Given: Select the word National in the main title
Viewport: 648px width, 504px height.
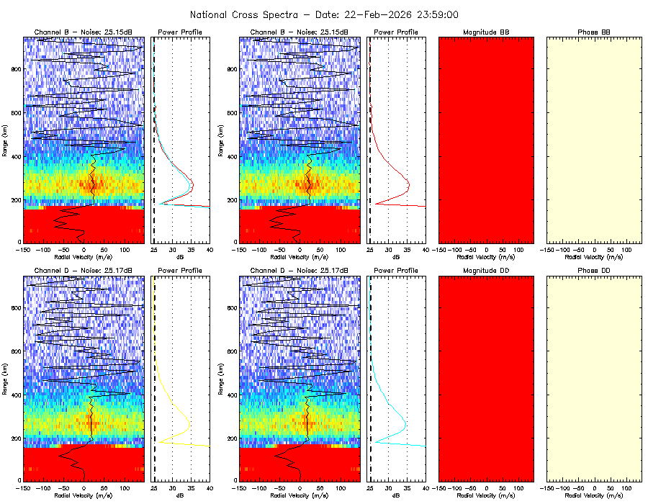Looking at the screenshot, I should tap(210, 14).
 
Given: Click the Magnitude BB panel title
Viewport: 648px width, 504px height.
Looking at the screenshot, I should tap(486, 32).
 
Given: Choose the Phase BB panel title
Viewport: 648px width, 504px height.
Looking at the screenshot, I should tap(594, 32).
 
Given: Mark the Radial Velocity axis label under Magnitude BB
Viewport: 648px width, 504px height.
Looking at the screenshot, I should tap(486, 256).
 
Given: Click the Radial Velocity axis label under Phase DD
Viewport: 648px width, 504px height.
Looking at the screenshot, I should tap(594, 495).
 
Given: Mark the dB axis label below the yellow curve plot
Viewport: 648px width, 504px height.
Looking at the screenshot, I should tap(181, 495).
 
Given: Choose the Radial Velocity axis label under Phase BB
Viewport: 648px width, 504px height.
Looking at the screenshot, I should tap(594, 256).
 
